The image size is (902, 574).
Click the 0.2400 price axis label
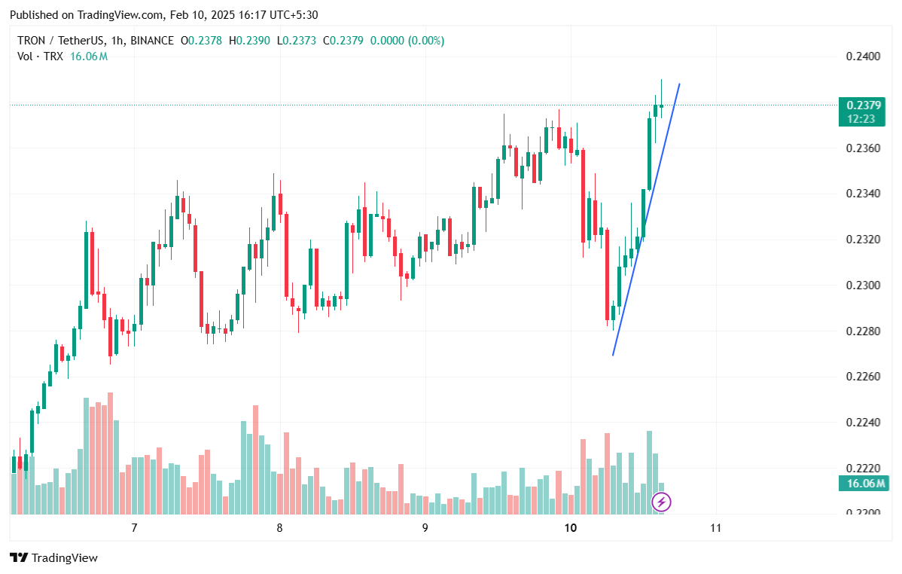pyautogui.click(x=861, y=56)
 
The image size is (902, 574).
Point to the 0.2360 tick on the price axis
pyautogui.click(x=861, y=148)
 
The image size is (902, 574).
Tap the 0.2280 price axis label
pyautogui.click(x=861, y=331)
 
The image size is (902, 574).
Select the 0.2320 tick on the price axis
pyautogui.click(x=861, y=240)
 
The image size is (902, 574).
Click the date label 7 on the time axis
pyautogui.click(x=134, y=528)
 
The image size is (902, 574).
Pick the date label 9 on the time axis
pyautogui.click(x=425, y=528)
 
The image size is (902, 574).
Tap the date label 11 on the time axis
pyautogui.click(x=715, y=528)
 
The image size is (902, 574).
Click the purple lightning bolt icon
pyautogui.click(x=661, y=502)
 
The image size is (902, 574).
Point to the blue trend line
pyautogui.click(x=646, y=218)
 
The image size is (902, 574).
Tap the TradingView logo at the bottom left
pyautogui.click(x=54, y=558)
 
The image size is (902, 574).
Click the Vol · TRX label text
pyautogui.click(x=41, y=56)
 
